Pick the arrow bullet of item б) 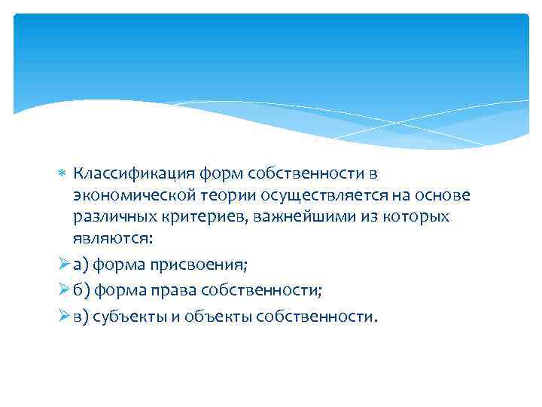tap(63, 290)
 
